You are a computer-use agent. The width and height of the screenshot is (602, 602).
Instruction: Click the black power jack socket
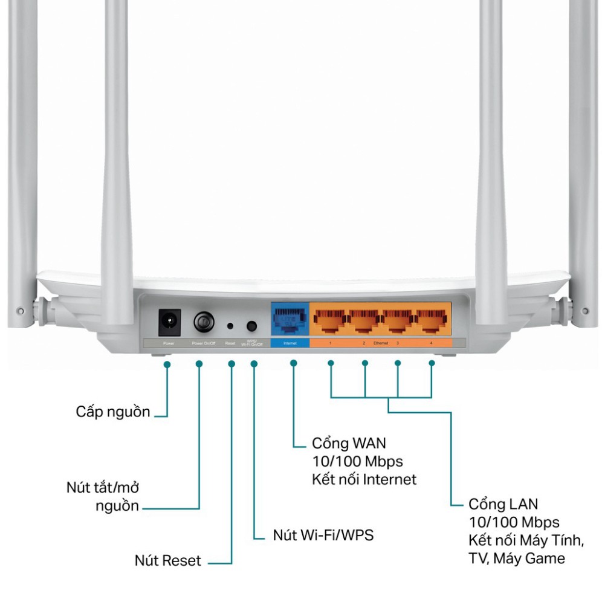point(169,323)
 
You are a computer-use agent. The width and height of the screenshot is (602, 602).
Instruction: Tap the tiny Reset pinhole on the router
point(230,326)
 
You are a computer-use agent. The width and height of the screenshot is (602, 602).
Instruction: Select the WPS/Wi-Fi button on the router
point(252,326)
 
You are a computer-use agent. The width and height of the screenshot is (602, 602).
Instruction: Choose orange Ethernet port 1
point(330,320)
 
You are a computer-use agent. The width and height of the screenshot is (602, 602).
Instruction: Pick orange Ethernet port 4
point(432,320)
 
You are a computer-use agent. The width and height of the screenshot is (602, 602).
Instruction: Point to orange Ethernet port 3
point(398,320)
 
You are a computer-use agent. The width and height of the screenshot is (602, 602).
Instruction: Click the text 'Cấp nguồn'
point(113,412)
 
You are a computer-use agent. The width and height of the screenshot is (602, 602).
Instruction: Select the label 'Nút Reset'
point(167,560)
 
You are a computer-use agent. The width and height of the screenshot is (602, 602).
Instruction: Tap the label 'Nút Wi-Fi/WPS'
point(323,535)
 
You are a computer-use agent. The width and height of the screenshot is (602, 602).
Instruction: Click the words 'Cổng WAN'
point(349,443)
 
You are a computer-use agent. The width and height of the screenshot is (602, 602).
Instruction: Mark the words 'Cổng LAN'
point(503,503)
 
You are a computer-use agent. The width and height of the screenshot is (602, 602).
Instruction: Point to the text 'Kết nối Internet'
point(364,479)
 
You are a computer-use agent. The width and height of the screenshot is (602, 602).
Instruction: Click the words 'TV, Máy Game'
point(517,558)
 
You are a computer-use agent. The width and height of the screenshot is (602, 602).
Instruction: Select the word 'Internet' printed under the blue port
point(290,343)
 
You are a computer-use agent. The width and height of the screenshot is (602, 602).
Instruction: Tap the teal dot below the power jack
point(167,364)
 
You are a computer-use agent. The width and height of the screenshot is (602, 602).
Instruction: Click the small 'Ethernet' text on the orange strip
point(381,343)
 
